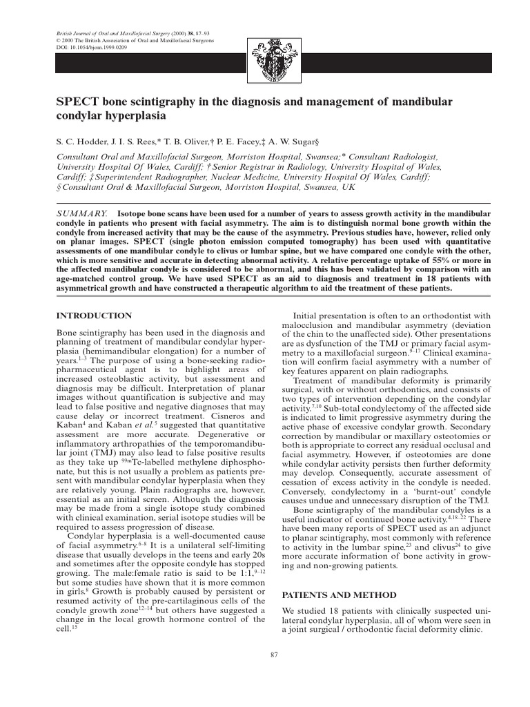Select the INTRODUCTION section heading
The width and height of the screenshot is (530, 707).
[93, 316]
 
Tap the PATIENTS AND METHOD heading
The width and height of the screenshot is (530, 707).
[340, 594]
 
